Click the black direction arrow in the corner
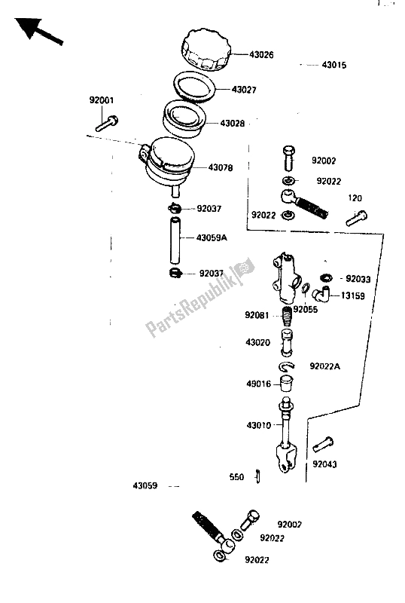click(38, 31)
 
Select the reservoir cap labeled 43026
click(207, 50)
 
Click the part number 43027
click(244, 90)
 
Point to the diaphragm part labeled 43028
click(184, 119)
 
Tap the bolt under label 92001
click(106, 124)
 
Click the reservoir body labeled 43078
click(168, 164)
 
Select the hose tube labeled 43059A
click(175, 240)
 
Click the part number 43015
click(334, 65)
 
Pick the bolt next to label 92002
click(289, 158)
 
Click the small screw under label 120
click(357, 218)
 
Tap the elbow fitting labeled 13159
click(321, 295)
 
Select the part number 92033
click(358, 279)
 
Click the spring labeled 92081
click(287, 315)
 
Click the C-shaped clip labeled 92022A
click(287, 366)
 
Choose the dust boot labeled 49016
click(286, 384)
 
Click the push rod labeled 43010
click(286, 435)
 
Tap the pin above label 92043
click(323, 445)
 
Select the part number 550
click(236, 477)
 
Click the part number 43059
click(145, 485)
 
